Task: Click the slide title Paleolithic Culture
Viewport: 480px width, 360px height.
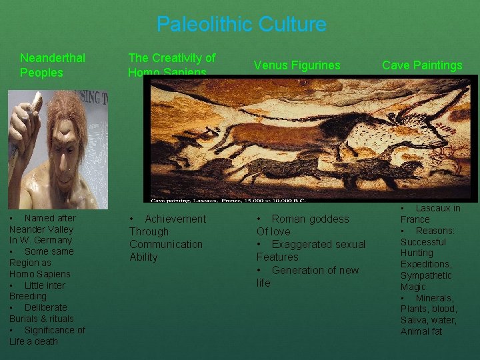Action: [x=241, y=25]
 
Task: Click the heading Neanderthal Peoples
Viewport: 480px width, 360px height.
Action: [x=52, y=65]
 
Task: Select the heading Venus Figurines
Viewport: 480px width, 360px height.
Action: [x=297, y=65]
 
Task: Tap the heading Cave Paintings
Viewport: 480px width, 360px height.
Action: [x=422, y=65]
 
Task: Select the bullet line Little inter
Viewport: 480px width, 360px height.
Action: [x=44, y=285]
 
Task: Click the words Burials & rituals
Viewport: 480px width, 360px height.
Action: [x=41, y=319]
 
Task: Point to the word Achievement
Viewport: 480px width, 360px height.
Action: [x=175, y=219]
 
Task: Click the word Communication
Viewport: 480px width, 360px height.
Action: [x=166, y=245]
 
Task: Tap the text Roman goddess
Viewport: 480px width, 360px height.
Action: [x=310, y=219]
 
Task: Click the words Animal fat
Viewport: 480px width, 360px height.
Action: [x=421, y=331]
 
